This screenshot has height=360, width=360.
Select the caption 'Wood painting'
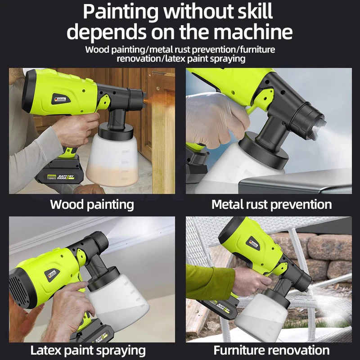pos(92,205)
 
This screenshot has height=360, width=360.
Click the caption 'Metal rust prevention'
pos(272,204)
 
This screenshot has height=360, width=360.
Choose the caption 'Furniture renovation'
pos(272,351)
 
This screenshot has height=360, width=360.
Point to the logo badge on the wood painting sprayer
pos(60,99)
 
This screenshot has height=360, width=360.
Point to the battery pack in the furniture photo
pos(218,308)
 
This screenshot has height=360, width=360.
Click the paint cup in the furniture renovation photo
pos(262,316)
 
